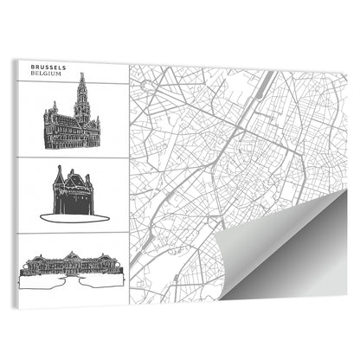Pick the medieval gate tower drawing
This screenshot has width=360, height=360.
[x=72, y=191]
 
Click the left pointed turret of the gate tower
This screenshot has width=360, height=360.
[x=58, y=173]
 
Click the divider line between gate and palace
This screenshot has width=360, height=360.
[x=74, y=233]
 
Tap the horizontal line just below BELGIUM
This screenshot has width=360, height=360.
[x=74, y=83]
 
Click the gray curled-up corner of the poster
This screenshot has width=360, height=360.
[x=286, y=251]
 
